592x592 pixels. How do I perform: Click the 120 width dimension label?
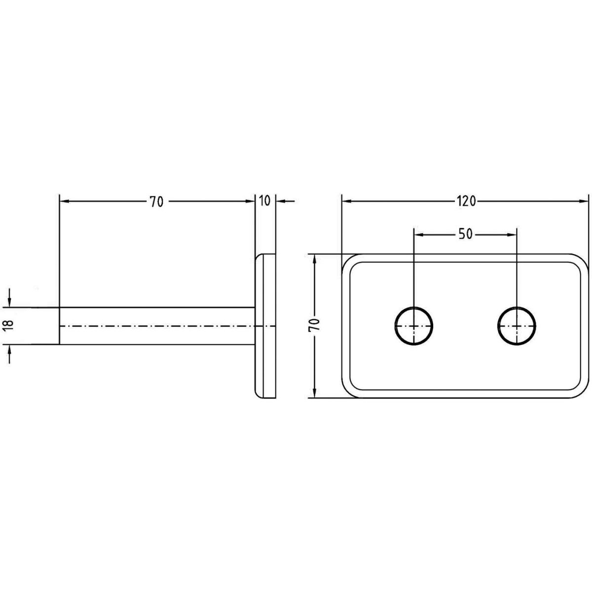pos(466,201)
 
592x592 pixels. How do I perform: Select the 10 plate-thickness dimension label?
pos(264,201)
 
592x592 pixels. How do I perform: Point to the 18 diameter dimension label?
pos(9,326)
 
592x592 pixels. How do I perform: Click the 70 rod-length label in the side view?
pos(157,202)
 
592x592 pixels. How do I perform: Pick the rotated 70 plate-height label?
pos(314,325)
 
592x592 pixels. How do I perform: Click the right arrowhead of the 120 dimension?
pos(583,201)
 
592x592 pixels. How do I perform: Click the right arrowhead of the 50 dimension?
pos(511,235)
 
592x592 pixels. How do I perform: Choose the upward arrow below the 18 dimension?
pos(9,354)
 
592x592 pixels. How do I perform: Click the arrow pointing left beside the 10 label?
pos(286,201)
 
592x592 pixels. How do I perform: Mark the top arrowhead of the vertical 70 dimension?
pos(314,259)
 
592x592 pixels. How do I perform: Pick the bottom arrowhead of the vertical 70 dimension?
pos(314,392)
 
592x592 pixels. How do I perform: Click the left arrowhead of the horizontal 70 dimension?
pos(65,201)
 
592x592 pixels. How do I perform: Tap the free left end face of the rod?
pos(59,326)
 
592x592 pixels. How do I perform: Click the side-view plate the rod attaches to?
pos(265,326)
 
